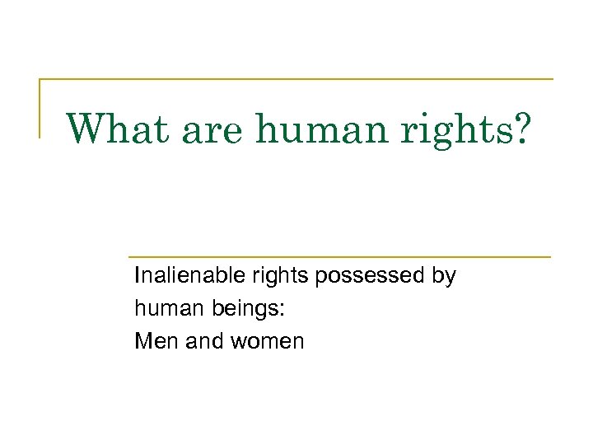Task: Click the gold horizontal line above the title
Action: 296,80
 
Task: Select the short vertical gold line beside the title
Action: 40,108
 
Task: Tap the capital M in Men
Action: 142,340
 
